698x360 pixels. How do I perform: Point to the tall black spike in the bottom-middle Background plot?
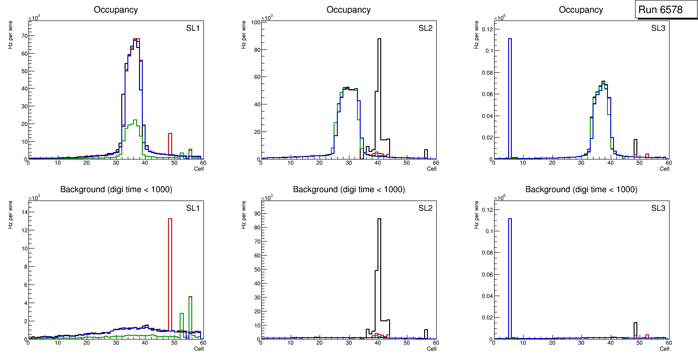coord(379,270)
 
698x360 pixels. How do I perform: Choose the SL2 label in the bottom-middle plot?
coord(425,208)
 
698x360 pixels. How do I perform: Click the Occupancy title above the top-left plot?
coord(116,9)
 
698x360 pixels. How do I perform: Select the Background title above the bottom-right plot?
coord(581,189)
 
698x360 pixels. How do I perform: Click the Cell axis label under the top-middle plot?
coord(432,169)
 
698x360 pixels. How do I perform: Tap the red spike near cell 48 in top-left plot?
coord(170,145)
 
